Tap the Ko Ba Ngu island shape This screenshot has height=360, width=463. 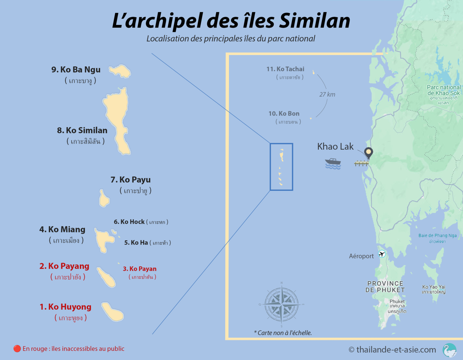[x=121, y=71]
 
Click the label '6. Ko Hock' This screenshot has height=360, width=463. [x=129, y=222]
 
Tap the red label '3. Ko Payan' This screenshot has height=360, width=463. [x=140, y=269]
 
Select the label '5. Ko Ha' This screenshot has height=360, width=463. [x=136, y=243]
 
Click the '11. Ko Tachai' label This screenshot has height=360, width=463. [x=285, y=69]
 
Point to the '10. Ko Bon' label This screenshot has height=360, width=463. [x=284, y=114]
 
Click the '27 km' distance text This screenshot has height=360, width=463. [x=327, y=94]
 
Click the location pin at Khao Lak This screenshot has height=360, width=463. [x=368, y=152]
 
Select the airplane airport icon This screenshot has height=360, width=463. [x=382, y=254]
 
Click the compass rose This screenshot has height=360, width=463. [x=282, y=305]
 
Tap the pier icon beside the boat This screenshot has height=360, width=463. [x=361, y=163]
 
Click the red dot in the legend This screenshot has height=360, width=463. [x=17, y=349]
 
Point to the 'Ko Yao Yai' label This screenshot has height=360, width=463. [x=433, y=287]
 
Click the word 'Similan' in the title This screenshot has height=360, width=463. [x=315, y=21]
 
